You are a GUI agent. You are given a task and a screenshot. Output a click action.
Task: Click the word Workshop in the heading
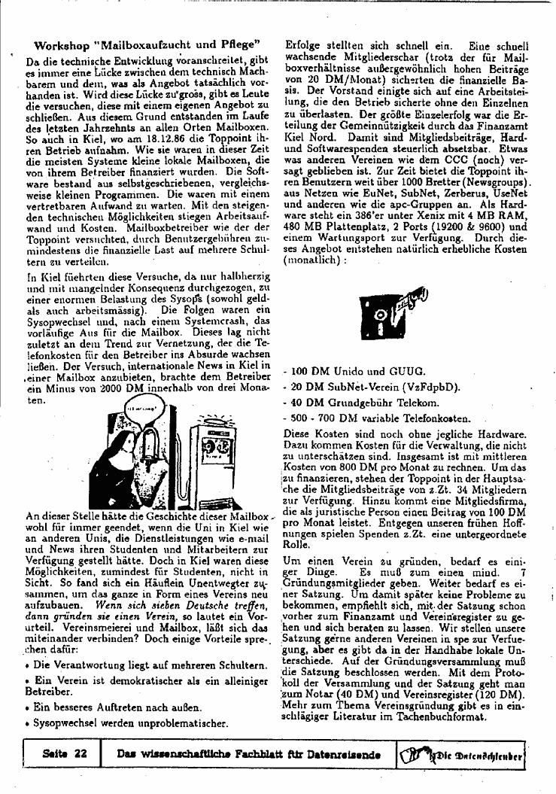[x=63, y=45]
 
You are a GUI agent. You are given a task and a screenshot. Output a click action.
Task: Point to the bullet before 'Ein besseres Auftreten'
[x=27, y=707]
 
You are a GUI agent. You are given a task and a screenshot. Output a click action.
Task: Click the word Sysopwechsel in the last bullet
[x=65, y=723]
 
